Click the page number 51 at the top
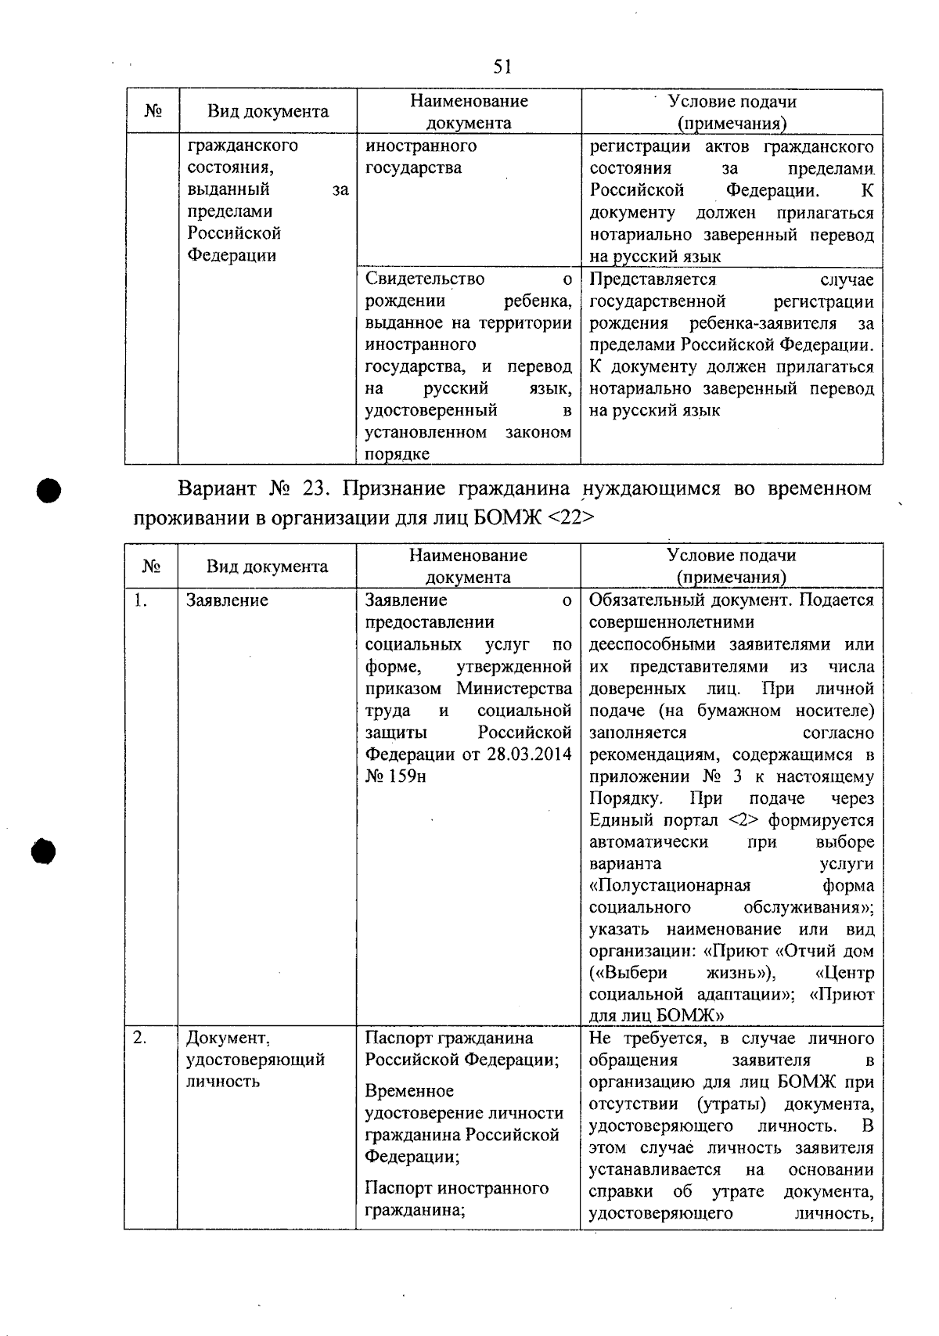coord(502,67)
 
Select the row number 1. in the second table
coord(140,600)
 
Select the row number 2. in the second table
coord(140,1038)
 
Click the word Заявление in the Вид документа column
coord(227,600)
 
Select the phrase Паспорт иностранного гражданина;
coord(456,1198)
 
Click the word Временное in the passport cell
coord(409,1090)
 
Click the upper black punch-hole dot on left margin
coord(49,491)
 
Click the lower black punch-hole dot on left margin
coord(46,851)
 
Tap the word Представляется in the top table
coord(653,279)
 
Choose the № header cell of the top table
coord(153,111)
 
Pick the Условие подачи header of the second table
coord(731,556)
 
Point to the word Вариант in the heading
coord(218,489)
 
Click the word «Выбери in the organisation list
coord(628,973)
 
